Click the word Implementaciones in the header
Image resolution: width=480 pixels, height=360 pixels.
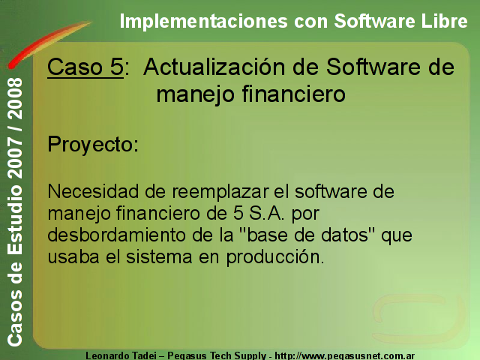click(x=203, y=22)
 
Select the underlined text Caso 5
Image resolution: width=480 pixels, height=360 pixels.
click(x=85, y=67)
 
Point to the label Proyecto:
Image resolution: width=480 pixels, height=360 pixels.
click(x=93, y=144)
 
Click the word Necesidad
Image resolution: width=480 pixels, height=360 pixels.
click(x=93, y=191)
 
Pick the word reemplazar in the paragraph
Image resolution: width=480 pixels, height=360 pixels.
click(x=220, y=192)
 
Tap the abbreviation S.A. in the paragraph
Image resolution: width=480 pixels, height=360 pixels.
click(x=266, y=213)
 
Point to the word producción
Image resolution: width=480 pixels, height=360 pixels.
click(x=275, y=257)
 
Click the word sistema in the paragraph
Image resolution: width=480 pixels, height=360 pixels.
click(x=159, y=256)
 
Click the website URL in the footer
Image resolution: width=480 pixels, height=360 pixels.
click(x=345, y=356)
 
